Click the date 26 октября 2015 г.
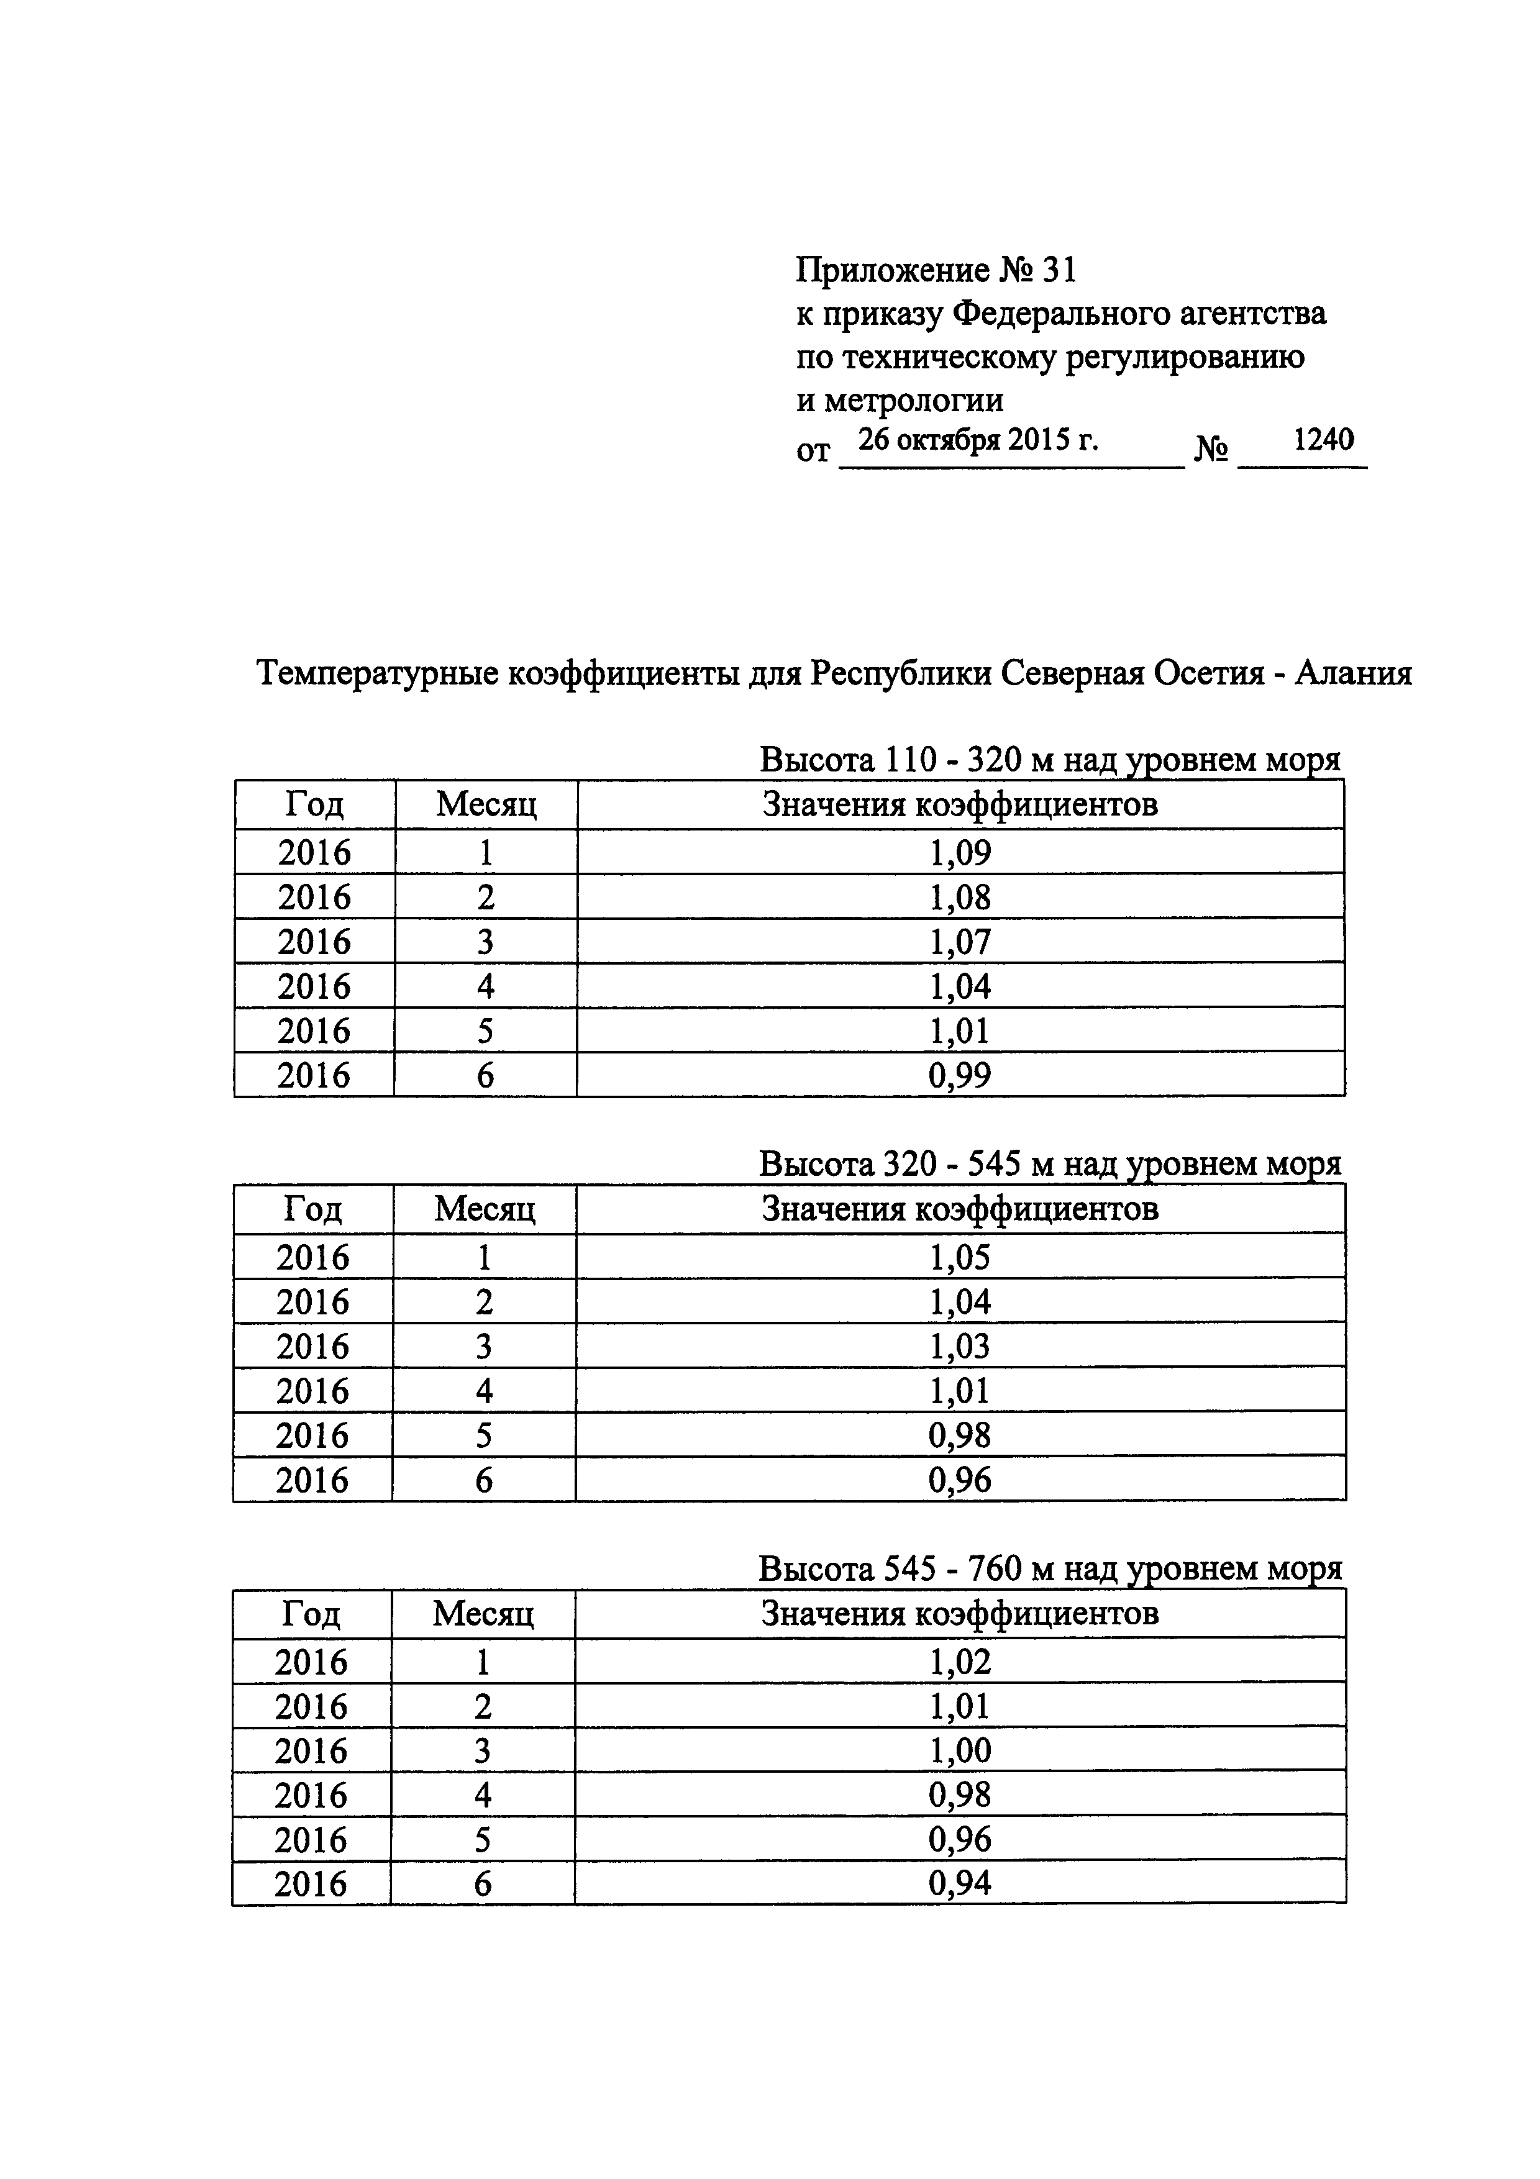tap(977, 440)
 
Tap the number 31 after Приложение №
tap(1059, 271)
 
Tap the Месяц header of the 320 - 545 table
tap(485, 1209)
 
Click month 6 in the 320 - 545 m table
tap(484, 1480)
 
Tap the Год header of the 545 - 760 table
tap(311, 1613)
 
